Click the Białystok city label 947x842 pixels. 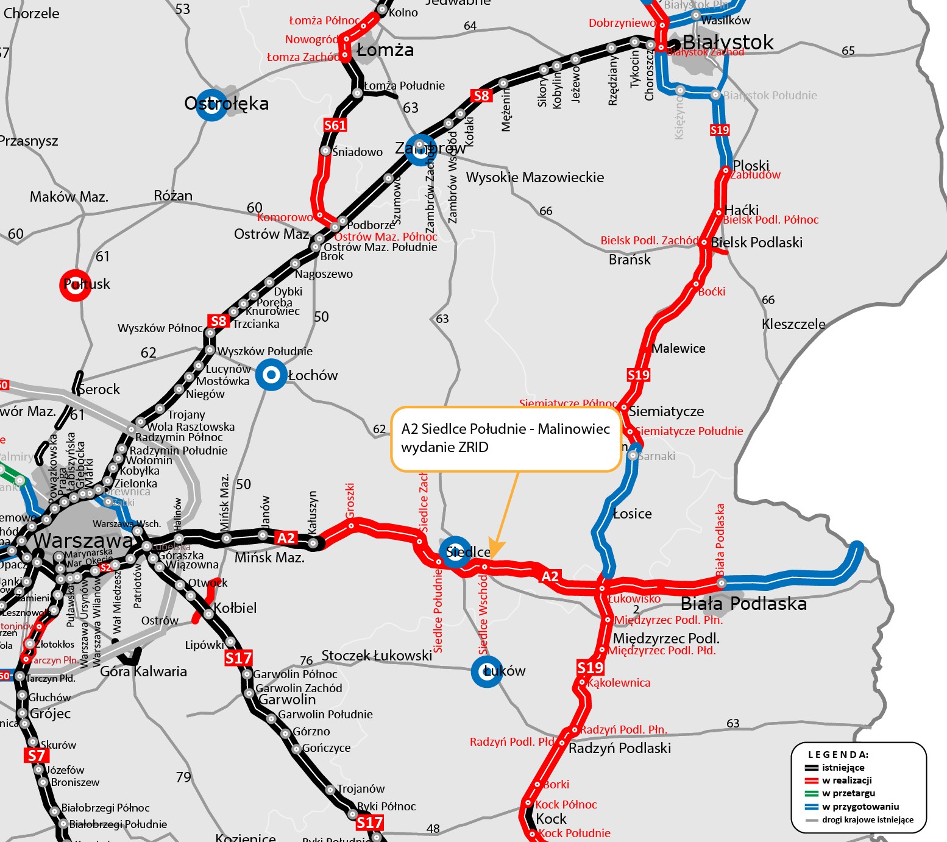728,42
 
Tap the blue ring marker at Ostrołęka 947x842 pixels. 212,105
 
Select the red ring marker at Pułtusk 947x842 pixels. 76,285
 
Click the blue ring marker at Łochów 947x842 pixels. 271,375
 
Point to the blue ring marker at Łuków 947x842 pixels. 487,671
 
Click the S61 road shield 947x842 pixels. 335,126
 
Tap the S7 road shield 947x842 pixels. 37,756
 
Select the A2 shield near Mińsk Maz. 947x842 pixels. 286,538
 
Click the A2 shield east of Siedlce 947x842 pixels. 550,576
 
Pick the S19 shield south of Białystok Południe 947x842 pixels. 720,130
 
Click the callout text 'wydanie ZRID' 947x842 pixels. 444,447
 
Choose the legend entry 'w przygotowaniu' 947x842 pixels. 860,807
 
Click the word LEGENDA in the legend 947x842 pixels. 838,754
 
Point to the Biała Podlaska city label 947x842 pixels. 743,604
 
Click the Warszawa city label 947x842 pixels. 83,541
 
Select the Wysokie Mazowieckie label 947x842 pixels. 535,177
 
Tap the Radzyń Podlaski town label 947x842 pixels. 620,748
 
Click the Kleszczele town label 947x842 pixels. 793,324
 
